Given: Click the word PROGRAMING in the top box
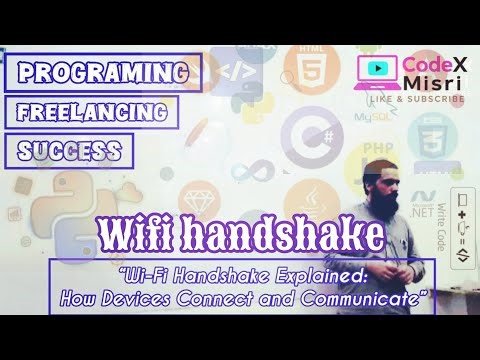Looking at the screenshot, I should [102, 72].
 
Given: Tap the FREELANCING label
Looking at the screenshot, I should [98, 112].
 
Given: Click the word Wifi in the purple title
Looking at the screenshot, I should [150, 235].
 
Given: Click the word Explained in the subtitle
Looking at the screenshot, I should [304, 270].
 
